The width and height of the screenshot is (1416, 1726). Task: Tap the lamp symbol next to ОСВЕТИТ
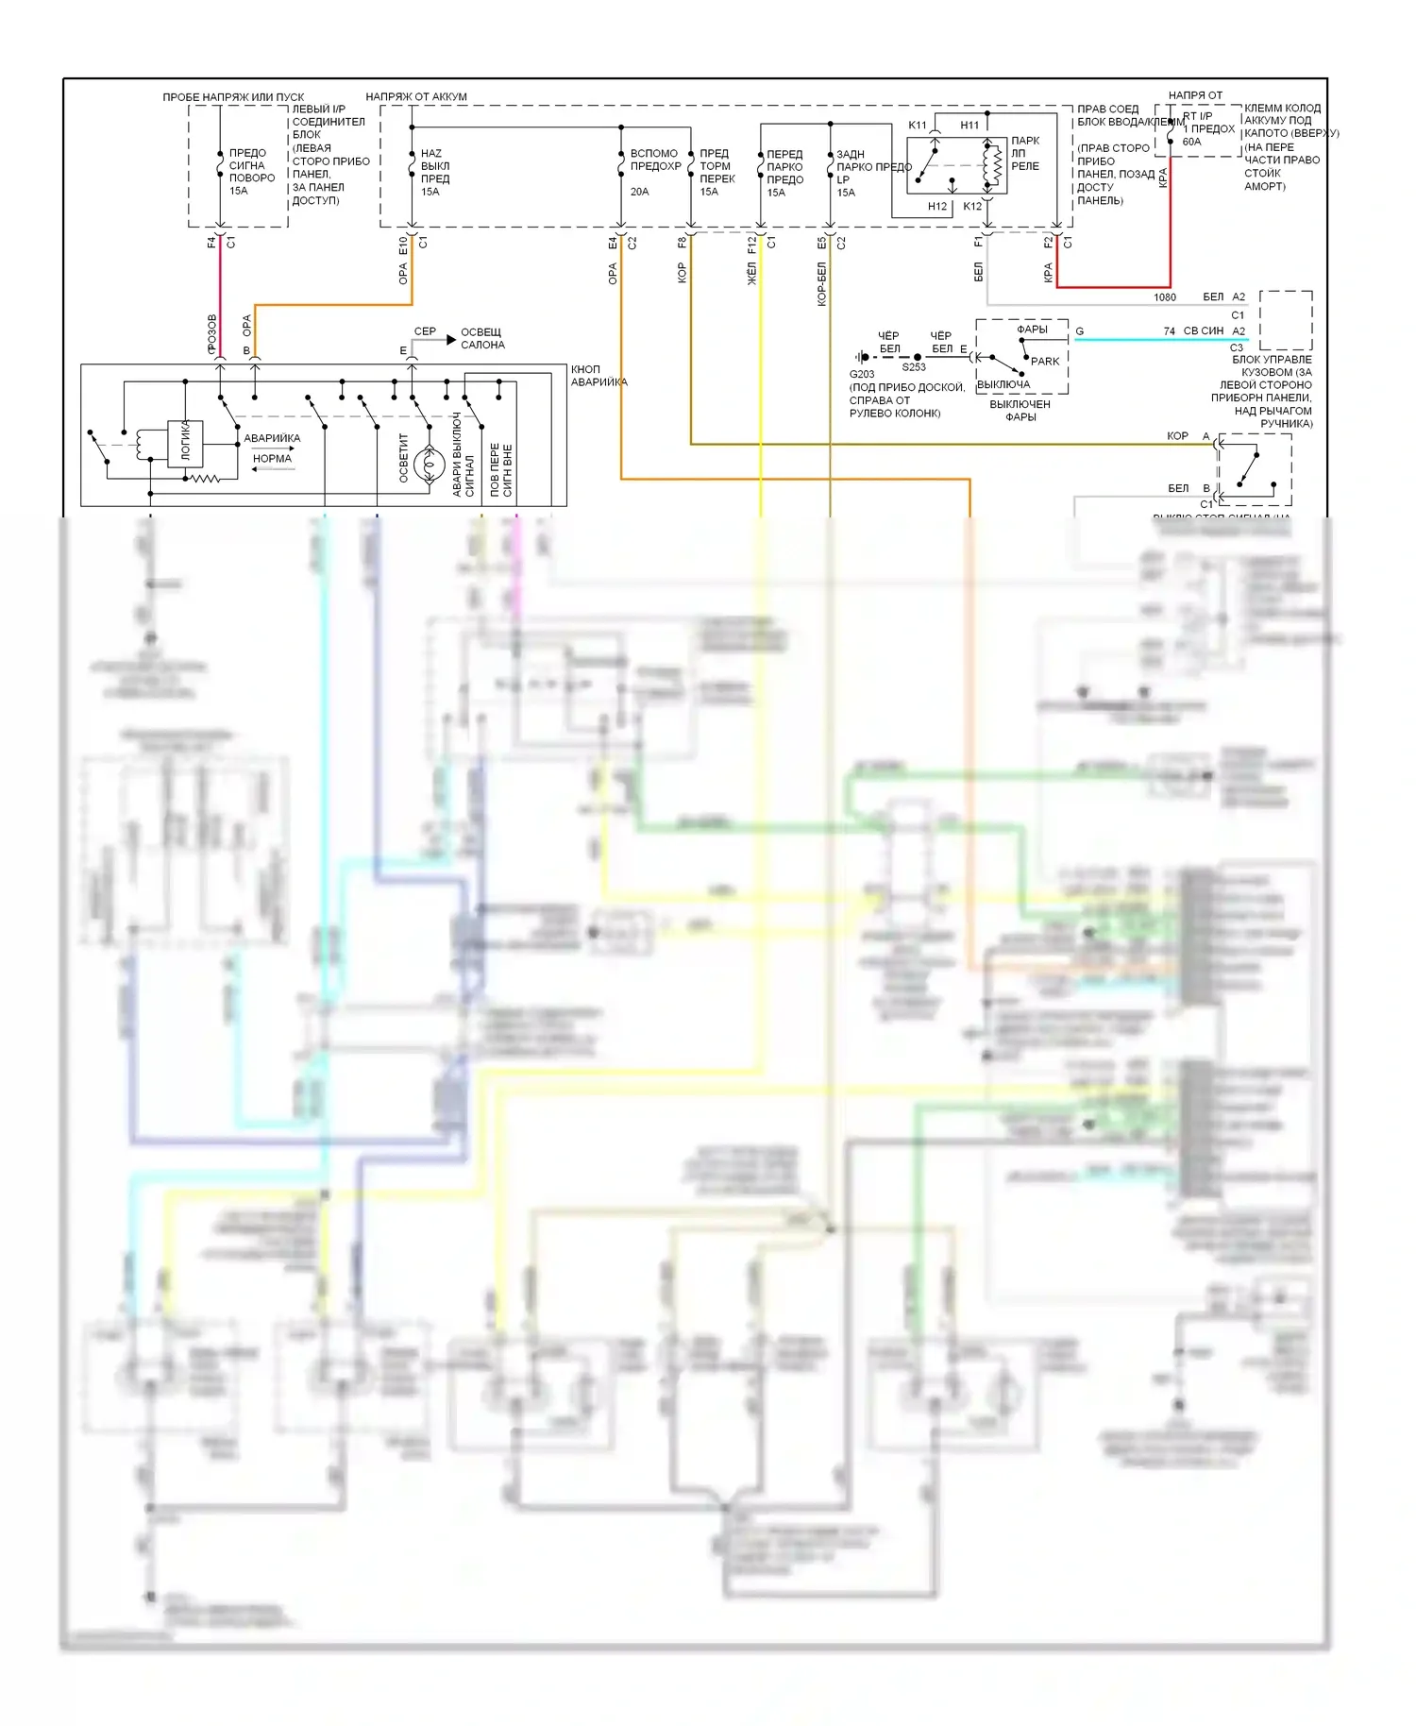430,463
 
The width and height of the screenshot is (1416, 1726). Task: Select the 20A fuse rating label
639,192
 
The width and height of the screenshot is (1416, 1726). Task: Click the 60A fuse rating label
1191,143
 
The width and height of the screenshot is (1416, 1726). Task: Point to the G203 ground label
862,374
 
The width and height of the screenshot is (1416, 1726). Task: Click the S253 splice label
914,367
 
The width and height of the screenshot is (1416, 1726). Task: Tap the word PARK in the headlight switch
1045,361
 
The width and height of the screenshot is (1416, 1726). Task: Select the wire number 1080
1165,297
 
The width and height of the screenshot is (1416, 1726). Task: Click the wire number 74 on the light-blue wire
1169,331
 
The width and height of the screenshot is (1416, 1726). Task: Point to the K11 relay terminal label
918,126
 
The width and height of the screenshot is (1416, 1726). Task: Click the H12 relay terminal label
937,207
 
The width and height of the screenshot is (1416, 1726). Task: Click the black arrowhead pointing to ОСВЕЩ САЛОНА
451,339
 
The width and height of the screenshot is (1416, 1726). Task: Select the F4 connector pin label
211,244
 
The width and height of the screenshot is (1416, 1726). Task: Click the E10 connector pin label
403,245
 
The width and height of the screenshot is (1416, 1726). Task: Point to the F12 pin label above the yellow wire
751,245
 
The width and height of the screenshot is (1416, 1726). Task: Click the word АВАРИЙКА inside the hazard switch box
272,438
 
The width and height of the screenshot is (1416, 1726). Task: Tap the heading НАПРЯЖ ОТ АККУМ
416,96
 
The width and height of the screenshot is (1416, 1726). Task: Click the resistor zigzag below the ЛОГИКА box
205,479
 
